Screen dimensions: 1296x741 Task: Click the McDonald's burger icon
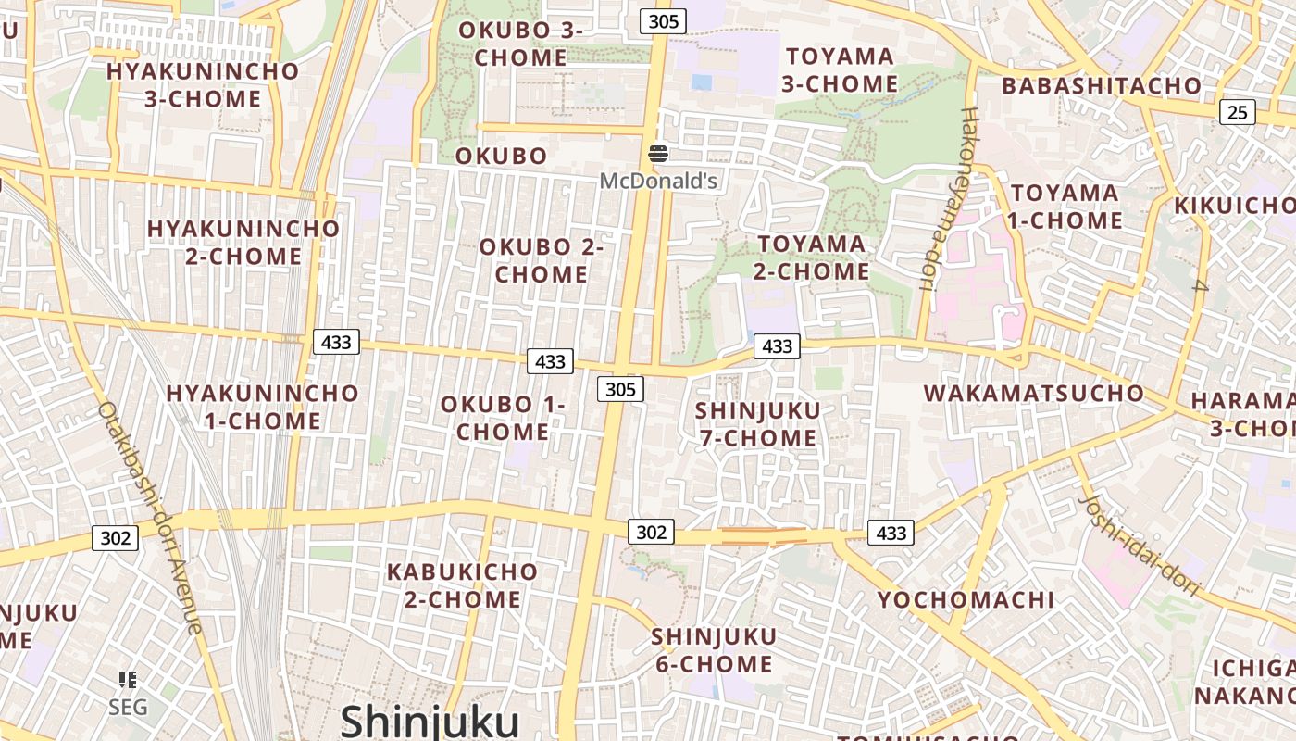[658, 154]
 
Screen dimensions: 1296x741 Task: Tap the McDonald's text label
[658, 181]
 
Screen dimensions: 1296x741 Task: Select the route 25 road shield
[1237, 113]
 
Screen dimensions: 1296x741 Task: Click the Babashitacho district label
[1102, 86]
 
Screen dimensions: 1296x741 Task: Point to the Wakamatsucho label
[1034, 393]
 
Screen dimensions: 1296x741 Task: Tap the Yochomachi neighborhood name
[966, 599]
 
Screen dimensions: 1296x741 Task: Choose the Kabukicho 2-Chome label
[462, 585]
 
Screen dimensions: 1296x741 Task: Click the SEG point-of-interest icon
[128, 681]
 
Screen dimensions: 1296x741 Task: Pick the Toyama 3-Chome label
[840, 70]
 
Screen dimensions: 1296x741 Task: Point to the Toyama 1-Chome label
[1065, 207]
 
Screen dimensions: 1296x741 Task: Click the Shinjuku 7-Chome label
[758, 424]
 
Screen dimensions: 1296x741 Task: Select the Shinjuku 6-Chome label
[714, 650]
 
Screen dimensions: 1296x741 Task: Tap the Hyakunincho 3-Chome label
[203, 85]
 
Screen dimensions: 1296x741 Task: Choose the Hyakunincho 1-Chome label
[262, 407]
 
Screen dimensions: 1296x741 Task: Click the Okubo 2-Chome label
[542, 260]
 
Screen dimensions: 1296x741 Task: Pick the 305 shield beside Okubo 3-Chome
[663, 21]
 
